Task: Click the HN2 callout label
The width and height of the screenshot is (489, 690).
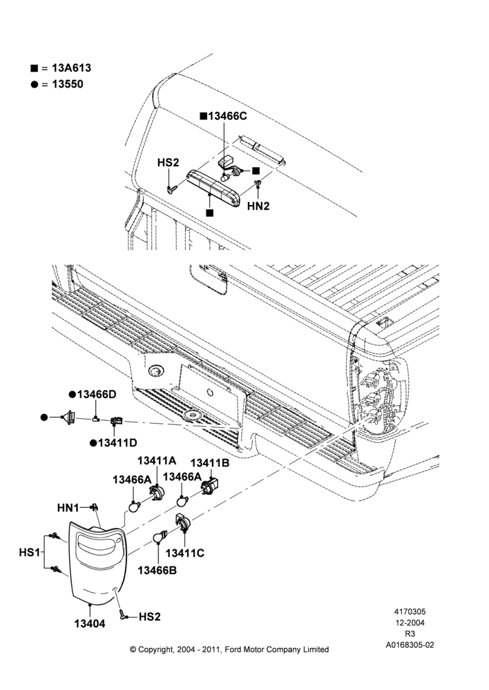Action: pyautogui.click(x=258, y=206)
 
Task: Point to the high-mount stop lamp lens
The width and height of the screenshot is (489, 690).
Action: pyautogui.click(x=213, y=188)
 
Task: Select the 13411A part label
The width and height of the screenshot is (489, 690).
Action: pyautogui.click(x=156, y=461)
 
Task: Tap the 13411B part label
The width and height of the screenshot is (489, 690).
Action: pyautogui.click(x=210, y=463)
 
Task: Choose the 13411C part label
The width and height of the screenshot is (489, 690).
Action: pyautogui.click(x=185, y=553)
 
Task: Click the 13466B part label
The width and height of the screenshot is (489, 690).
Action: pyautogui.click(x=157, y=571)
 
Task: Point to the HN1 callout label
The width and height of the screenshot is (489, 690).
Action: pyautogui.click(x=68, y=508)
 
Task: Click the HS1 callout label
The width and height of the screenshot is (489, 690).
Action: pyautogui.click(x=30, y=552)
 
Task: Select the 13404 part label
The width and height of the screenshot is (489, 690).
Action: pyautogui.click(x=90, y=624)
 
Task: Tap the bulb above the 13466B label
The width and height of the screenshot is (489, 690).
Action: pyautogui.click(x=160, y=536)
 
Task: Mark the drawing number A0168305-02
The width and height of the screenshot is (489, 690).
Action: pyautogui.click(x=410, y=645)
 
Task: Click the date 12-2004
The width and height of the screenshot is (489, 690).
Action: pyautogui.click(x=410, y=622)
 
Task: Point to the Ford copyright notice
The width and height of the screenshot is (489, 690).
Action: pyautogui.click(x=229, y=649)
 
